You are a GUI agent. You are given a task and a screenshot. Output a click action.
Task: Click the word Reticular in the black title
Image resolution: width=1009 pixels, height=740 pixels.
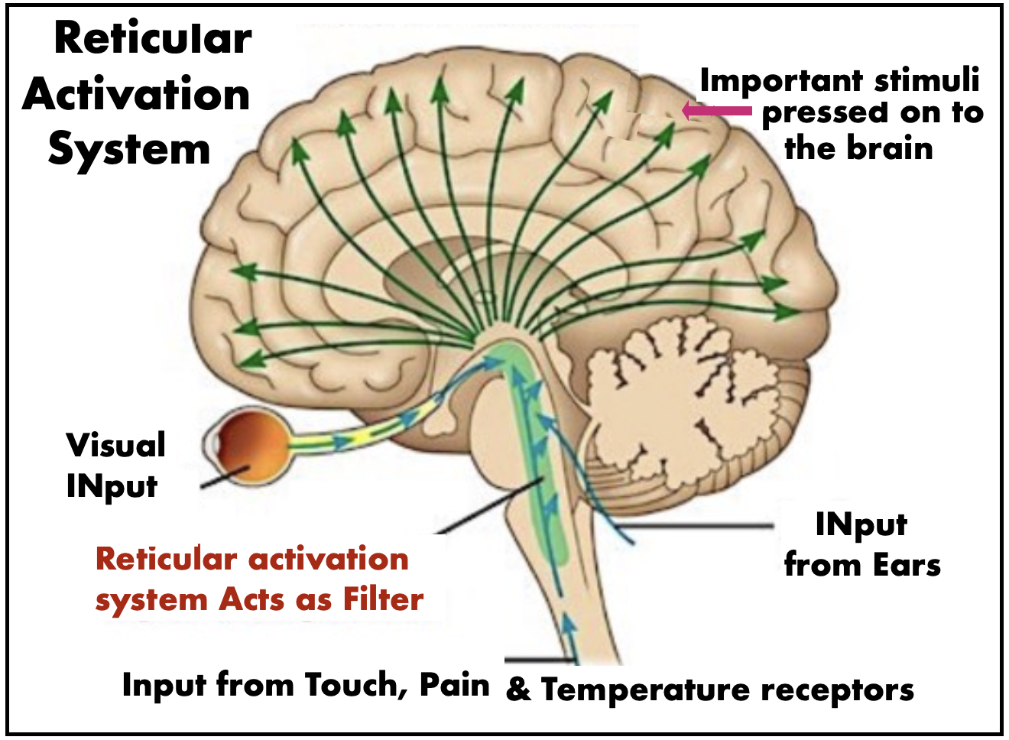click(153, 39)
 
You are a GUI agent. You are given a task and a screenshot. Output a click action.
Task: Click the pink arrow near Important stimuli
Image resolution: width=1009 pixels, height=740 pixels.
click(717, 111)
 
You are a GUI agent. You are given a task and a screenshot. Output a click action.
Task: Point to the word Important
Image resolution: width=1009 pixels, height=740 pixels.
click(781, 82)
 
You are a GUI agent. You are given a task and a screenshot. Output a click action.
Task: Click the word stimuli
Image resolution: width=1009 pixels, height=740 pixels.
click(927, 80)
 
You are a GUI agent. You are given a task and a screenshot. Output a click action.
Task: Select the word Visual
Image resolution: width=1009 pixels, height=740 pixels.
click(115, 445)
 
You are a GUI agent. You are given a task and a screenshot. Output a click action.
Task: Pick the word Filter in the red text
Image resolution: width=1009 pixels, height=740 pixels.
click(383, 599)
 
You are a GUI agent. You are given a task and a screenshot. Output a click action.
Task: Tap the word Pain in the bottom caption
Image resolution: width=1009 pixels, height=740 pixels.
click(455, 685)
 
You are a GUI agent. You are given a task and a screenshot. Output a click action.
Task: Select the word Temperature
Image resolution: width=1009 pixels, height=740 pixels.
click(646, 690)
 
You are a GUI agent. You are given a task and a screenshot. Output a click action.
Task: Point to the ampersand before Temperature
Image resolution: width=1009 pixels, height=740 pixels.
click(518, 690)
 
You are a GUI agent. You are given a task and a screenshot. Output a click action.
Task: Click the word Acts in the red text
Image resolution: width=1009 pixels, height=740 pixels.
click(251, 599)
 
